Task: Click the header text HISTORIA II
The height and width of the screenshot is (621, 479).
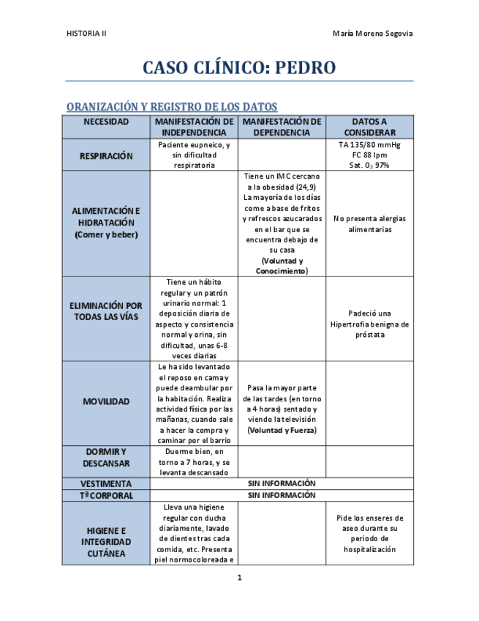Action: [x=86, y=34]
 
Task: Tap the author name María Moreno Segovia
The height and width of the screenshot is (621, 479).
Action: [x=372, y=34]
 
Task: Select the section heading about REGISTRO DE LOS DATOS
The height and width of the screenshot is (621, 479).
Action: [x=172, y=107]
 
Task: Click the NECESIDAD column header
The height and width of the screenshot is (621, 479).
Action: [x=106, y=122]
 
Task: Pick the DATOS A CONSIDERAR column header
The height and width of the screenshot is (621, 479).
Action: [x=369, y=127]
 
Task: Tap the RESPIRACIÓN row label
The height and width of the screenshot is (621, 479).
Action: [x=107, y=155]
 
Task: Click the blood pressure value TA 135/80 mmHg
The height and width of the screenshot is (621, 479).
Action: [x=369, y=144]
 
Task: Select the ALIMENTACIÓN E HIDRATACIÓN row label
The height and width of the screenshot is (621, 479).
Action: [x=106, y=222]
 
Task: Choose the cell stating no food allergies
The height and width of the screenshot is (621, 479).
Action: [x=369, y=223]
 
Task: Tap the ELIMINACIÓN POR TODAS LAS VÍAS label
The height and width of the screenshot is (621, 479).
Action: [x=107, y=311]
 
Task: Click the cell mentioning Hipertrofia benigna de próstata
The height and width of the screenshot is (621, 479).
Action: [x=369, y=324]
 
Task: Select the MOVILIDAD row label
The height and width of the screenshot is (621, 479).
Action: [x=106, y=401]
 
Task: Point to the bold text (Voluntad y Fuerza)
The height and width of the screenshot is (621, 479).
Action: [x=282, y=430]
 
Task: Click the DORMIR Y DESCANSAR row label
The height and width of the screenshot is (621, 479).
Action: [x=106, y=457]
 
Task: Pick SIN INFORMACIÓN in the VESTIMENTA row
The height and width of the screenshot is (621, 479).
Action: [x=282, y=483]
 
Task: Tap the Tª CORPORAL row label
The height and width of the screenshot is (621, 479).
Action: [x=107, y=495]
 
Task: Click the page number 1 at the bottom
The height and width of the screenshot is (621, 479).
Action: [x=239, y=578]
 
